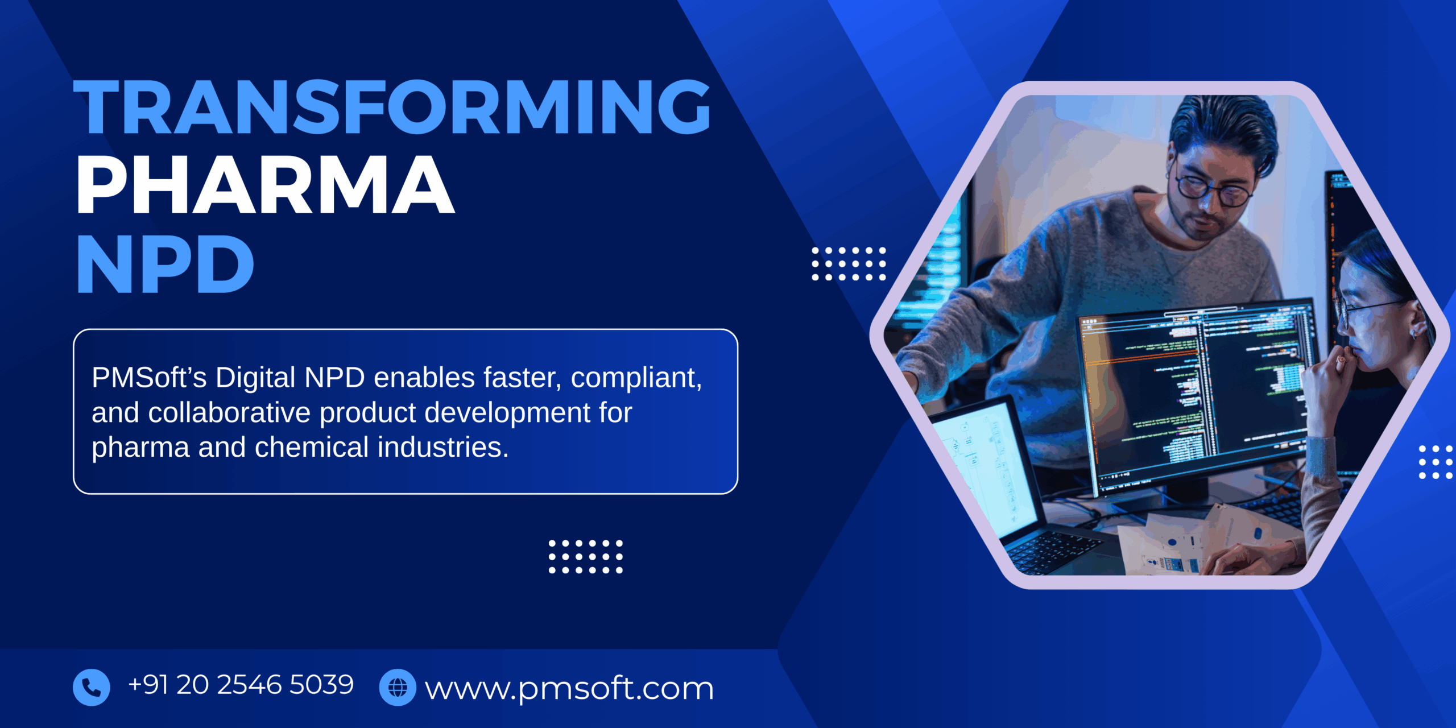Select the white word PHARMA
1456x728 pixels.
[x=265, y=185]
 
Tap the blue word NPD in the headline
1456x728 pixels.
[x=165, y=265]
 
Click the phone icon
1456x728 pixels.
[x=91, y=687]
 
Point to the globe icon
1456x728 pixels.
[x=398, y=687]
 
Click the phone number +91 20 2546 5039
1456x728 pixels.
[x=241, y=685]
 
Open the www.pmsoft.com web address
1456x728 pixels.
[x=569, y=688]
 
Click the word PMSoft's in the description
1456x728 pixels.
[x=149, y=378]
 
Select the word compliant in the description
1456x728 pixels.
[x=636, y=378]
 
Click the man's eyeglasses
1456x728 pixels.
[x=1214, y=191]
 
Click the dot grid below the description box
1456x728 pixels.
[x=585, y=557]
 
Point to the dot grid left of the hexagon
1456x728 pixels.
[x=849, y=264]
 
